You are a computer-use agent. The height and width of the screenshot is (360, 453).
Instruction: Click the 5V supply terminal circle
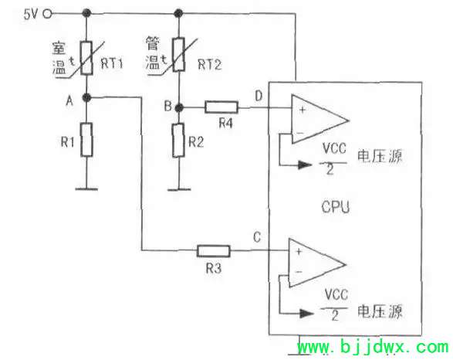47,14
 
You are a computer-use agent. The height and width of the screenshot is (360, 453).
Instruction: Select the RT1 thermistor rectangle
86,58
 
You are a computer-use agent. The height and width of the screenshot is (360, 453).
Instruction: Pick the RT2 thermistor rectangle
179,54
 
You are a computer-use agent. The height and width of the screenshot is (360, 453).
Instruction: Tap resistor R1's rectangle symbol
86,140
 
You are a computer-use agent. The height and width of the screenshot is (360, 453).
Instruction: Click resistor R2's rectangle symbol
178,141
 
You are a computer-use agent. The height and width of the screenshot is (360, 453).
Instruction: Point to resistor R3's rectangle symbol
214,251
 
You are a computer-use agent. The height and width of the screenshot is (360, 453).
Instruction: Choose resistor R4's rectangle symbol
221,107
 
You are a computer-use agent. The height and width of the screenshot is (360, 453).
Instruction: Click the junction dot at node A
86,98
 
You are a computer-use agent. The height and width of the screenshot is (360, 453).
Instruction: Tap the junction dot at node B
179,108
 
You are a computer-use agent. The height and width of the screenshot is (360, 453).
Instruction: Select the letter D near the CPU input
259,96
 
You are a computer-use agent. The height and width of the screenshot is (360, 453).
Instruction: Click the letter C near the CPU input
257,237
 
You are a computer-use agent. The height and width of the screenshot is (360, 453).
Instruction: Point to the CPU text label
336,207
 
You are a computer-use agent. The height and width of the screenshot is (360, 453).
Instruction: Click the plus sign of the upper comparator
303,110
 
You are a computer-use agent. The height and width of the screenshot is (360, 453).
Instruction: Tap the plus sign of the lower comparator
299,252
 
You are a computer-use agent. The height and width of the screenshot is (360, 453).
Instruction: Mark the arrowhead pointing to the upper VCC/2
305,165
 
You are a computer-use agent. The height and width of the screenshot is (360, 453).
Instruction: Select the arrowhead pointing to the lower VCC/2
306,313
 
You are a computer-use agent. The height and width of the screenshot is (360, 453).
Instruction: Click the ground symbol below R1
86,189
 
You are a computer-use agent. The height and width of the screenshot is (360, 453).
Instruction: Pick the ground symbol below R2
179,190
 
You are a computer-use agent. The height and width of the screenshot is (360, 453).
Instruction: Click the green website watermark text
373,347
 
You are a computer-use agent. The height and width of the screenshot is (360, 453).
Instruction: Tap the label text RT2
210,64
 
